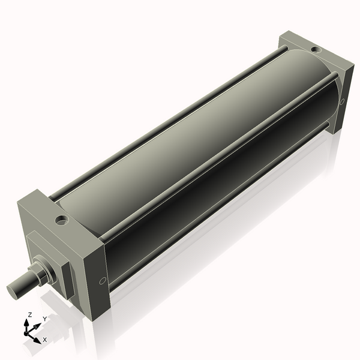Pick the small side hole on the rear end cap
click(341, 101)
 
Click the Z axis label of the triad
click(30, 314)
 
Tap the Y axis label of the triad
click(44, 319)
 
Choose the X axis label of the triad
click(44, 340)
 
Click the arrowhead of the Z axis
click(27, 322)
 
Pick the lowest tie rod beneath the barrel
click(222, 198)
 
